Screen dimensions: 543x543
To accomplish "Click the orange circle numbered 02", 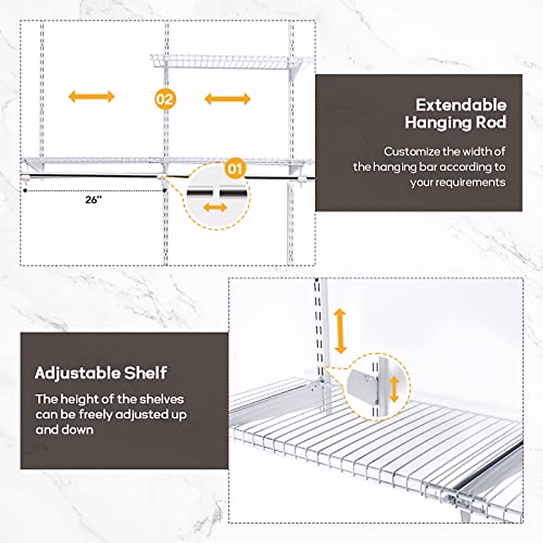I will point(165,99).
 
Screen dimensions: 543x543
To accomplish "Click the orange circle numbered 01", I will point(235,169).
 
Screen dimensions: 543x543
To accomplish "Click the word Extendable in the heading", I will point(461,105).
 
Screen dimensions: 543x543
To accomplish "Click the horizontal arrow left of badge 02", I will point(91,96).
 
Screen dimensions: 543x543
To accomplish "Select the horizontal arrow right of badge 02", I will point(227,99).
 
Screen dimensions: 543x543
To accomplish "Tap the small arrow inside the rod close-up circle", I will point(215,208).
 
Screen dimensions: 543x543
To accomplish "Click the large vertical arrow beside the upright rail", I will point(340,332).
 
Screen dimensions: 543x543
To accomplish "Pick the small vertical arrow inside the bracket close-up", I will point(394,389).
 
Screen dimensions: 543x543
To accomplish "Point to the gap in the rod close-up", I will point(217,193).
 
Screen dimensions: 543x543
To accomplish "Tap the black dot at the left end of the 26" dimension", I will point(24,191).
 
